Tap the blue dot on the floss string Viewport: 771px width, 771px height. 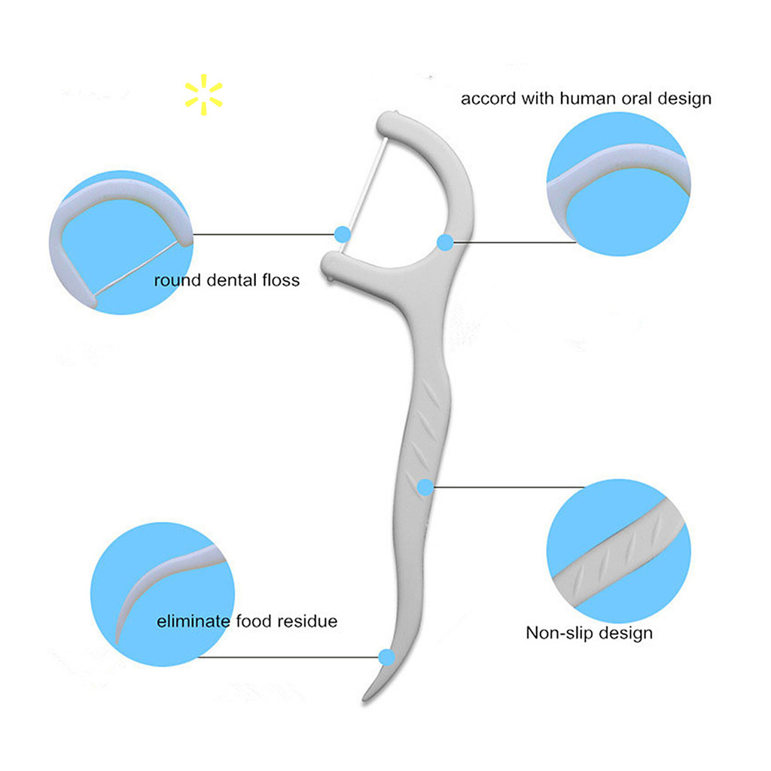[343, 234]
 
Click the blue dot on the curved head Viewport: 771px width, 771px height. [445, 242]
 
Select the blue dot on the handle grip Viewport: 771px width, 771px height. [425, 487]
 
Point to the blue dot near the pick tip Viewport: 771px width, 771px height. [386, 657]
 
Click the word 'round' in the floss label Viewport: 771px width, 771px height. [178, 281]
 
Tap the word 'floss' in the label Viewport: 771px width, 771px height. [281, 281]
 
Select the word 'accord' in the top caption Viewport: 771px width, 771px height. [486, 99]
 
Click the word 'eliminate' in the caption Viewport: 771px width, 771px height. [194, 622]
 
